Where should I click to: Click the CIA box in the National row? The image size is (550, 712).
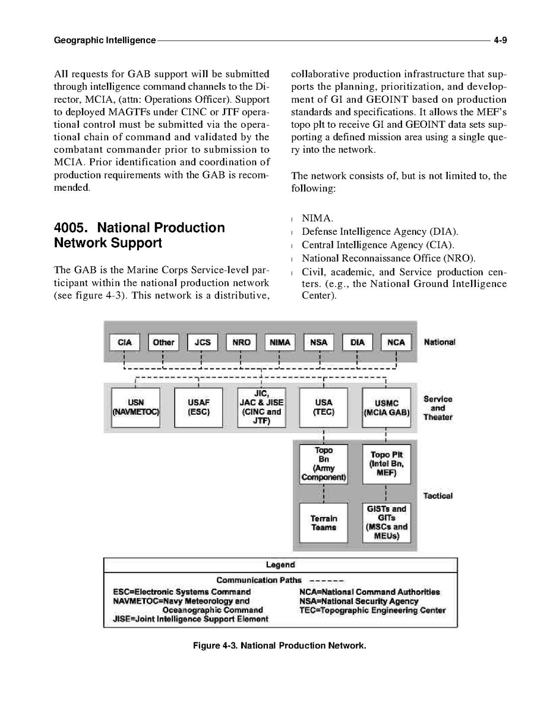coord(125,342)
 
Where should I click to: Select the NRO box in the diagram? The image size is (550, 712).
coord(241,342)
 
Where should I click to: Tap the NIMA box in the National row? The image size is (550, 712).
coord(280,342)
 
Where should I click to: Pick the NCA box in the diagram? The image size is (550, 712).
coord(396,342)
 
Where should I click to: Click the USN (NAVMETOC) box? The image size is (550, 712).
coord(136,407)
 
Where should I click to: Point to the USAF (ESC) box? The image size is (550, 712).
coord(198,407)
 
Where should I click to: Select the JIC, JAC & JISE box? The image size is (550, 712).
coord(261,407)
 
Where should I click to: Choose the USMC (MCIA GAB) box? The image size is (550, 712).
coord(386,407)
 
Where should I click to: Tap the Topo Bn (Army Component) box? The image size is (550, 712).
coord(324,464)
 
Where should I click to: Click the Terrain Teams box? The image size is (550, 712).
coord(324,523)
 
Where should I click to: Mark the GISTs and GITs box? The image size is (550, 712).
coord(387,523)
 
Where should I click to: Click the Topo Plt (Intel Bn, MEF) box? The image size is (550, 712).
coord(387,464)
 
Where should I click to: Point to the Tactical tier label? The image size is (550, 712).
coord(438,496)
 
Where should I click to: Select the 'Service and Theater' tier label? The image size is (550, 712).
coord(438,408)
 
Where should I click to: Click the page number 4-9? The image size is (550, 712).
coord(499,40)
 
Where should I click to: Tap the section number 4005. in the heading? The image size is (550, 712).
coord(71,228)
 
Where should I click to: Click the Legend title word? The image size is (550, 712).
coord(280,564)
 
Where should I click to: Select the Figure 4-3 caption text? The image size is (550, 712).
coord(280,645)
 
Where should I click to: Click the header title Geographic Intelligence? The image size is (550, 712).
coord(105,40)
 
